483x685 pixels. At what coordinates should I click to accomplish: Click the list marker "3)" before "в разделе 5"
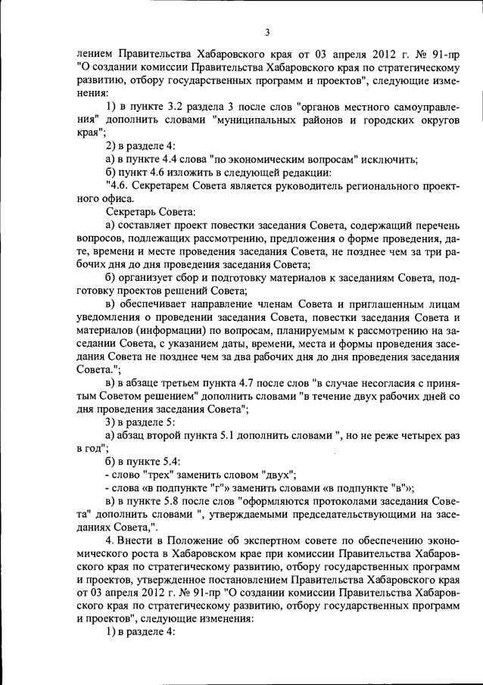[111, 422]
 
